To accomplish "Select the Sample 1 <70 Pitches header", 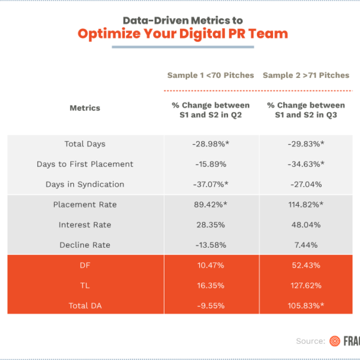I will pos(211,76).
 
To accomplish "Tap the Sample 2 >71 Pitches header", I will pos(306,76).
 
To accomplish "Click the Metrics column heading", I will pos(85,109).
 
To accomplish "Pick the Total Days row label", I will pos(85,144).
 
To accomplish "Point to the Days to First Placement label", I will pos(85,164).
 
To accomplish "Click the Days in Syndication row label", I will pos(85,185).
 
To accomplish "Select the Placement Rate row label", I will pos(85,205).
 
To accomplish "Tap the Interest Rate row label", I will pos(85,225).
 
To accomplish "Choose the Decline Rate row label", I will pos(85,245).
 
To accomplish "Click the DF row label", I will pos(85,265).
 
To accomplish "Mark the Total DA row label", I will pos(85,305).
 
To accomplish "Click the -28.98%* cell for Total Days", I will pos(211,144).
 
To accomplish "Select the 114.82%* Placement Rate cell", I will pos(306,205).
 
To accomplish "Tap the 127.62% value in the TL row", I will pos(306,286).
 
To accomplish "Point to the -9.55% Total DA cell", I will pos(211,305).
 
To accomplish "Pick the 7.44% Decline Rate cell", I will pos(306,245).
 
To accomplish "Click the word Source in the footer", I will pos(310,341).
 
